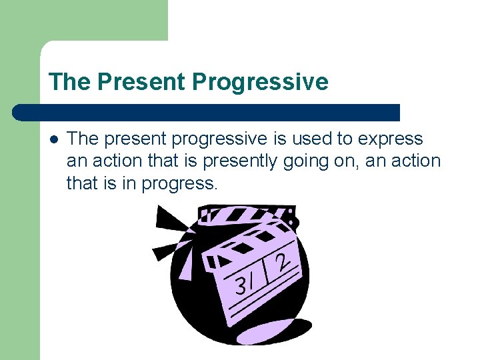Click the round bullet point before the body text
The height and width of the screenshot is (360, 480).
(53, 139)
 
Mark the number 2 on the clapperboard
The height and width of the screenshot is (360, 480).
(283, 260)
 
